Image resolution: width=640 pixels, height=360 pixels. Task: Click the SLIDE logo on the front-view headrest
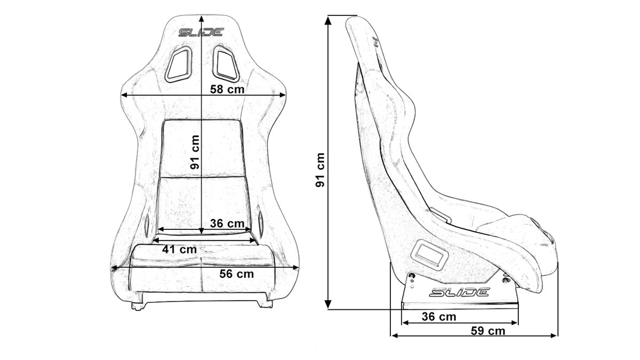click(x=201, y=33)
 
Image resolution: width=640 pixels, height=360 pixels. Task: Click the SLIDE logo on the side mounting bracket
click(x=459, y=292)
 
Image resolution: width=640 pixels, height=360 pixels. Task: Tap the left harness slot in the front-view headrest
click(x=178, y=64)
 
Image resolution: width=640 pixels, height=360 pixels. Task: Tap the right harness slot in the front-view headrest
click(x=223, y=63)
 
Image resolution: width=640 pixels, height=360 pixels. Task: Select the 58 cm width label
click(x=227, y=89)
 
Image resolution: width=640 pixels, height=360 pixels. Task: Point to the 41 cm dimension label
click(x=180, y=249)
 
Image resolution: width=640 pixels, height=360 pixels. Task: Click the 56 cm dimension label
click(x=237, y=274)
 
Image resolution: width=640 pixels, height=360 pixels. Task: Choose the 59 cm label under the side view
click(x=488, y=331)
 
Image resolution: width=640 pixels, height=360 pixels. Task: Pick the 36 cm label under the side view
click(x=438, y=317)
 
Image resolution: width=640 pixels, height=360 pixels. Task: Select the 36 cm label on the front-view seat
click(x=227, y=223)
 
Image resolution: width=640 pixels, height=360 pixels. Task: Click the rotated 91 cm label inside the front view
click(x=195, y=152)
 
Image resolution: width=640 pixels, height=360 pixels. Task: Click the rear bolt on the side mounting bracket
click(x=411, y=276)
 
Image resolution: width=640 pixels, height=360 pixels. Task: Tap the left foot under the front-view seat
click(x=138, y=306)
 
